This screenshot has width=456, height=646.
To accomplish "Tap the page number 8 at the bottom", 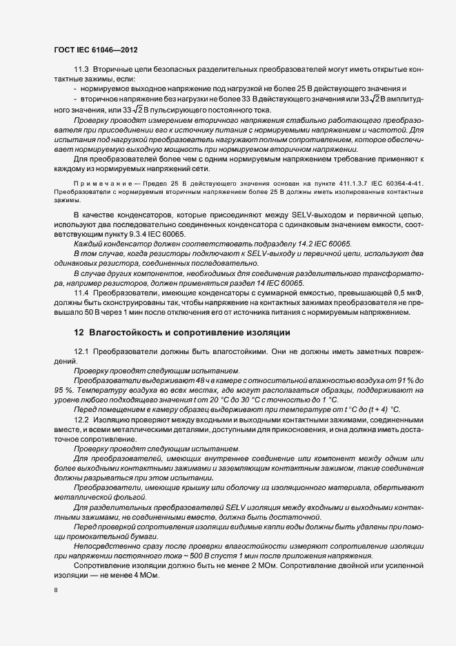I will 55,591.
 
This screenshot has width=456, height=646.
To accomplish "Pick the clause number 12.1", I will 81,351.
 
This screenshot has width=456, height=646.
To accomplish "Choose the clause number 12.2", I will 81,419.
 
